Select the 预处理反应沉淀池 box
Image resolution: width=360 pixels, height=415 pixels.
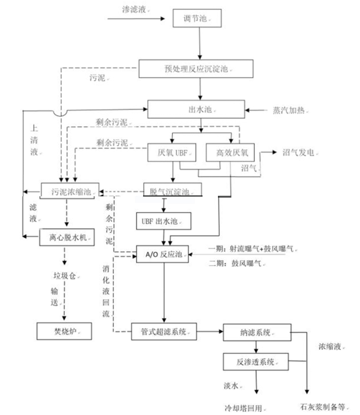coord(196,69)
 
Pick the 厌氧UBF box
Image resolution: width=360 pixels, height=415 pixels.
coord(172,154)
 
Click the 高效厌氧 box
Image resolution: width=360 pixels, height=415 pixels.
coord(230,154)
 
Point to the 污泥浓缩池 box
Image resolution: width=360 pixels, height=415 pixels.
coord(70,190)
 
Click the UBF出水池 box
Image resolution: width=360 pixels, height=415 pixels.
coord(164,221)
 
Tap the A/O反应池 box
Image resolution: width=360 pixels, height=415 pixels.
coord(163,254)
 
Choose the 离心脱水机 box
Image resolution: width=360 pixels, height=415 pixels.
coord(65,237)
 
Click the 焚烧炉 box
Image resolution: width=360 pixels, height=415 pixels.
coord(64,331)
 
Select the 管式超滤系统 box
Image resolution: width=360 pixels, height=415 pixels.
coord(164,331)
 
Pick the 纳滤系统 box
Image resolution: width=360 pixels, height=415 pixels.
coord(257,332)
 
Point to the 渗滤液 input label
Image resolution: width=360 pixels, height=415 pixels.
coord(134,9)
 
